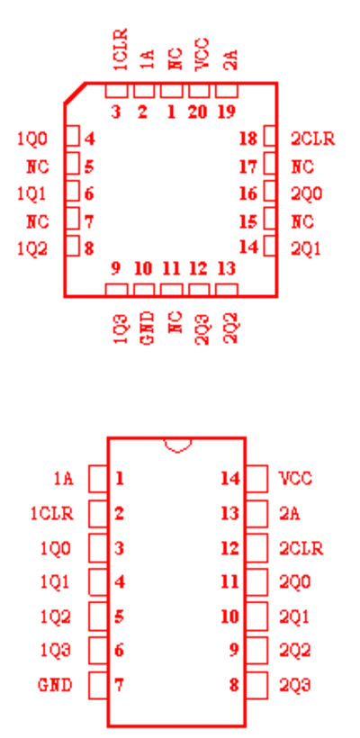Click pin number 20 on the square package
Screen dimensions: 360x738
point(198,112)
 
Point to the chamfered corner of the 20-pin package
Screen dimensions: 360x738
point(75,93)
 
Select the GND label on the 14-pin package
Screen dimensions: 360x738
point(55,685)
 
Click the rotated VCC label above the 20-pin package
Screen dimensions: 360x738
point(202,55)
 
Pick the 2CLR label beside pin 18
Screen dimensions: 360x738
point(313,139)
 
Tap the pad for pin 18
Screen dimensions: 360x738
point(270,137)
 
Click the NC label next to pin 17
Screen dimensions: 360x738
point(302,166)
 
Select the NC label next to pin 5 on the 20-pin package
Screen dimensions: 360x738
point(38,166)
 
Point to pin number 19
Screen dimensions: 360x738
point(227,112)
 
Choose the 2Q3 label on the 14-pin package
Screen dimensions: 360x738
point(295,685)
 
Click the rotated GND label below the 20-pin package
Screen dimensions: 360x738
point(148,328)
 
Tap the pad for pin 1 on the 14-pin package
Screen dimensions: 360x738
point(98,479)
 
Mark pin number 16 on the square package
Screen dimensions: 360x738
point(248,193)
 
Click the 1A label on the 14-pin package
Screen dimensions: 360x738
point(63,479)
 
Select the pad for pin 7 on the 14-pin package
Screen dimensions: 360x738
point(98,685)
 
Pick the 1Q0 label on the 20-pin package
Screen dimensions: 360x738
point(32,139)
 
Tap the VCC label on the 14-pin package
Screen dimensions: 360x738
point(295,479)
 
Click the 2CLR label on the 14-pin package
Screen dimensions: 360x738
point(301,548)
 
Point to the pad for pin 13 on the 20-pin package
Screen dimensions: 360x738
point(227,290)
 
